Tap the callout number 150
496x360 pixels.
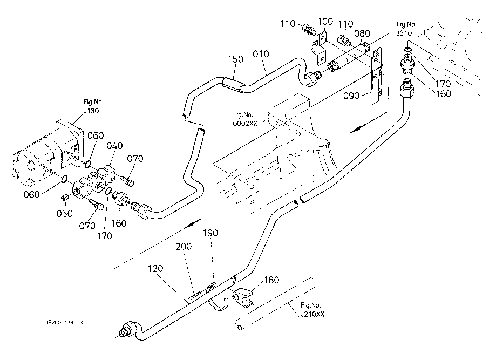(x=236, y=59)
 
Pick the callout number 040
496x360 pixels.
(x=114, y=145)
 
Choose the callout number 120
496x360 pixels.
(x=158, y=268)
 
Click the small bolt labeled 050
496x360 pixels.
(x=65, y=198)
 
